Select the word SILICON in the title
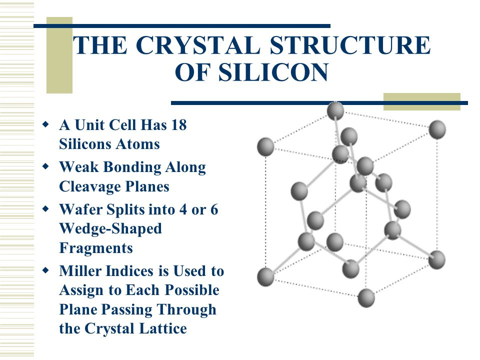[273, 72]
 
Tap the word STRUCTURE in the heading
[350, 45]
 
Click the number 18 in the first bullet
[179, 125]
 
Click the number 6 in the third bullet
[214, 209]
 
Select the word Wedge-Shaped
[110, 229]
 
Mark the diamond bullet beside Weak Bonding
[45, 166]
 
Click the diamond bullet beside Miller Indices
[45, 270]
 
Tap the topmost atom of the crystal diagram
[335, 110]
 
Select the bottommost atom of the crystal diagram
[366, 298]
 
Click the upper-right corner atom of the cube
[437, 129]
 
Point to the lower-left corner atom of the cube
[265, 276]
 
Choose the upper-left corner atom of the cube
[265, 146]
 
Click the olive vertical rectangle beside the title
[59, 55]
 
